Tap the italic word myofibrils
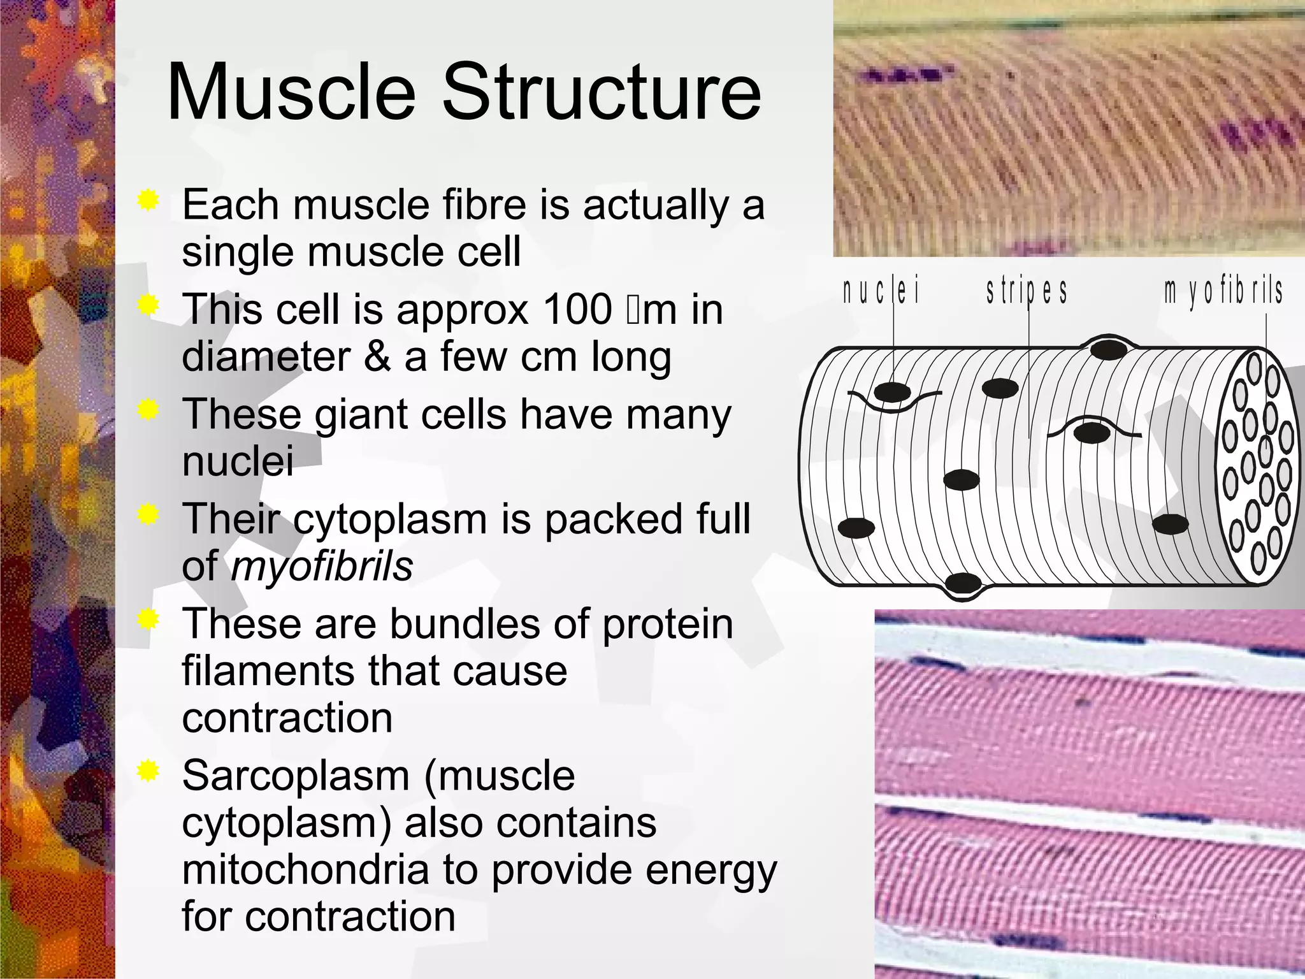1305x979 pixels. pos(322,566)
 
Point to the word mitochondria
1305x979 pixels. pos(305,870)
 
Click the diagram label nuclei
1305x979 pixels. pos(881,292)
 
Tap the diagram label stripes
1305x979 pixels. pos(1027,292)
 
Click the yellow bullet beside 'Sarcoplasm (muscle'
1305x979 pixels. pos(148,772)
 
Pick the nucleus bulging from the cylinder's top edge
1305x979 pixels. pos(1108,349)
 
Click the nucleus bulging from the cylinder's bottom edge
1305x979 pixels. pos(963,583)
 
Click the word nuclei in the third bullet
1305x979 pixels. pos(238,461)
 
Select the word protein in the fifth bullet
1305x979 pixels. pos(667,624)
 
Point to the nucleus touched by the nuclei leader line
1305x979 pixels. pos(892,392)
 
